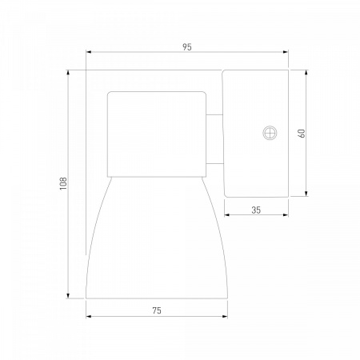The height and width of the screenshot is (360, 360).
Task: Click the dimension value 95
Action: [187, 47]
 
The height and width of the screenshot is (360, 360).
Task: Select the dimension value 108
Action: [63, 183]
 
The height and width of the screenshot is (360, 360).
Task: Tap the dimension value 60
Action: [302, 133]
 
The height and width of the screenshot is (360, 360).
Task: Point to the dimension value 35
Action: [256, 210]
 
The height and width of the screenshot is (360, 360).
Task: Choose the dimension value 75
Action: [157, 310]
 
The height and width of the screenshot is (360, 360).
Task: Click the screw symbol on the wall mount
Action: [270, 133]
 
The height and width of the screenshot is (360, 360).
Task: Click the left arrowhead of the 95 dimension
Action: [89, 52]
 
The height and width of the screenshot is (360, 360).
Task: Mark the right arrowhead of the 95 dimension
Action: [286, 52]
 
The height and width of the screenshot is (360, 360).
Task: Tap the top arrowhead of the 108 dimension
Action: [68, 73]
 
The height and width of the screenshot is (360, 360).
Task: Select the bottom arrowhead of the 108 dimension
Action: [68, 296]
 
